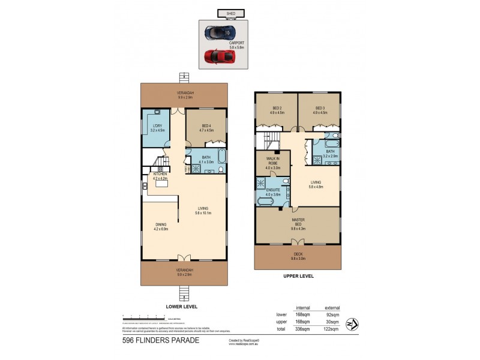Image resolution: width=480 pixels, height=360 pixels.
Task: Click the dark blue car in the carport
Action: click(x=217, y=32)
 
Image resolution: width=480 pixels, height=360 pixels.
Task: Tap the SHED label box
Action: click(x=230, y=13)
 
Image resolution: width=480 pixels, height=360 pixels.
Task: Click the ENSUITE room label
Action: click(x=273, y=191)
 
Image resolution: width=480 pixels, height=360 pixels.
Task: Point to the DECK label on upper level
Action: click(x=298, y=256)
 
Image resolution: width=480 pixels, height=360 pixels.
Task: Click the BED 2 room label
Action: click(x=277, y=110)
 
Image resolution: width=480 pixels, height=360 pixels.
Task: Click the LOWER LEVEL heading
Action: click(x=182, y=306)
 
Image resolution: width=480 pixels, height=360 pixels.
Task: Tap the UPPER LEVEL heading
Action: click(x=298, y=277)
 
